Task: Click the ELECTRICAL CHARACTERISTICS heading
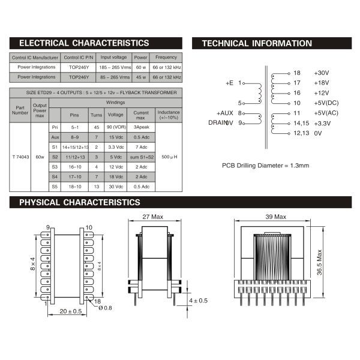tap(84, 43)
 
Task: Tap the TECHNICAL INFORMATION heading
tap(257, 43)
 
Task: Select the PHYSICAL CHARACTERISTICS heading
tap(80, 202)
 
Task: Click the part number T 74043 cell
tap(20, 157)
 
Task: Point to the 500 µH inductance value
tap(168, 157)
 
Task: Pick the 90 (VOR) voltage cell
tap(115, 128)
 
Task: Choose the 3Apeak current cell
tap(141, 128)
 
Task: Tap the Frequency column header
tap(166, 58)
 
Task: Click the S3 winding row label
tap(55, 167)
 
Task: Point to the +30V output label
tap(322, 73)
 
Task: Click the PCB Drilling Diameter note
tap(265, 165)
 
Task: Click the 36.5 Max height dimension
tap(320, 262)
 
